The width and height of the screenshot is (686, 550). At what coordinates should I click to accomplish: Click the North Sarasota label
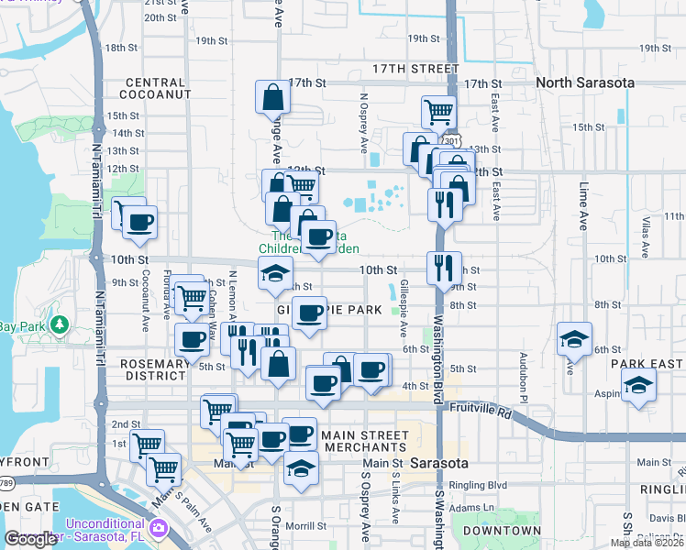click(584, 82)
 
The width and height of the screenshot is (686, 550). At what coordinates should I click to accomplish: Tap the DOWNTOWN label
click(502, 531)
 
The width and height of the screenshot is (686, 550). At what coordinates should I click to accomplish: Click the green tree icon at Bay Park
click(59, 325)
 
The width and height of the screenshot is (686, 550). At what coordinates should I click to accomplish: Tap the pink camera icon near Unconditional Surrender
click(159, 528)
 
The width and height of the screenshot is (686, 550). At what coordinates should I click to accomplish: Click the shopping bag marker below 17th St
click(273, 97)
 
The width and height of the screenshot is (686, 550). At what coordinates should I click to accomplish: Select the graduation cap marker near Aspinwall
click(638, 387)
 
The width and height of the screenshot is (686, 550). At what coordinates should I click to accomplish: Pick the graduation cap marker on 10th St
click(275, 273)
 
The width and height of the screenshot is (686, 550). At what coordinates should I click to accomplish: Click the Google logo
click(30, 539)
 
